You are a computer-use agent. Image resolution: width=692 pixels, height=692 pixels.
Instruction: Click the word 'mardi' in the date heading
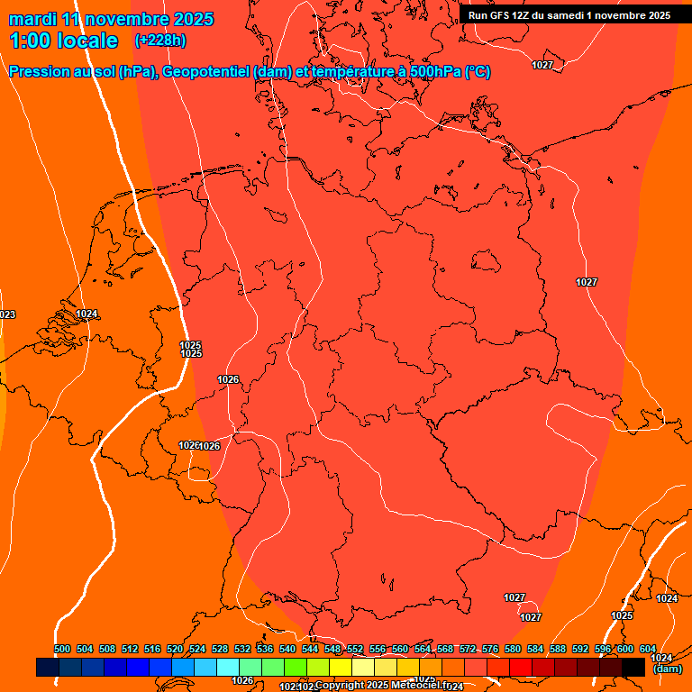point(33,19)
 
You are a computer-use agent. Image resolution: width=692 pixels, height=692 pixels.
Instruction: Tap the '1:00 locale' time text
point(63,41)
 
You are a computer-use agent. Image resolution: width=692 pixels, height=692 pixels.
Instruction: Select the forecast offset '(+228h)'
point(160,41)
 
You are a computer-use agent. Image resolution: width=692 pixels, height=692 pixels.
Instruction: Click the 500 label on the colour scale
point(62,649)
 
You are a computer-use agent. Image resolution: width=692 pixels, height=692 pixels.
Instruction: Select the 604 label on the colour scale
point(648,649)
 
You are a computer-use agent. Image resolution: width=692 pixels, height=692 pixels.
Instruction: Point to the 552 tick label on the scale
point(355,649)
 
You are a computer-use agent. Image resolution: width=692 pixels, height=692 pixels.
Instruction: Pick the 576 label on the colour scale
point(490,649)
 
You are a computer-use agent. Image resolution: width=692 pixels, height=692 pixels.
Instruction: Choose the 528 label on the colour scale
point(220,649)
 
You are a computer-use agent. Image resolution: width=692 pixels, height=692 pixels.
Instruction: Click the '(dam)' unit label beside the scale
point(667,669)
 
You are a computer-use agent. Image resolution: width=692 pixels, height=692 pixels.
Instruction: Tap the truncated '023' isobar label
point(7,314)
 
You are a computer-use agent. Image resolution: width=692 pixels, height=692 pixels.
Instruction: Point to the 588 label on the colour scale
point(558,649)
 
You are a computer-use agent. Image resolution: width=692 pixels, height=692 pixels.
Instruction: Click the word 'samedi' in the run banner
point(566,14)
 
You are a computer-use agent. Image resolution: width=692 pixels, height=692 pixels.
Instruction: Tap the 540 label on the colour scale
point(287,649)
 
